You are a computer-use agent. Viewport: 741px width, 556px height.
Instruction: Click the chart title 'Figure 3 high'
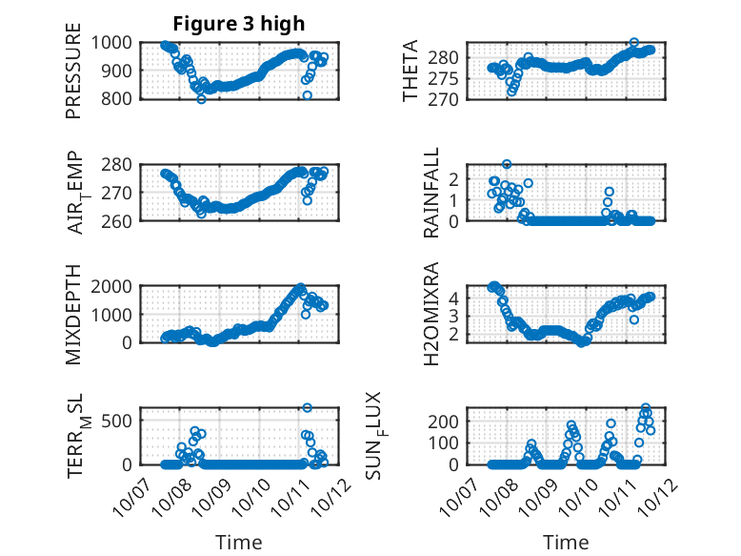point(239,24)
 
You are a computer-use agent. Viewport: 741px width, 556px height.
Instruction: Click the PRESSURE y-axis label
point(73,78)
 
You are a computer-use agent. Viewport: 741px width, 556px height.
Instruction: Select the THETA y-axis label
point(411,72)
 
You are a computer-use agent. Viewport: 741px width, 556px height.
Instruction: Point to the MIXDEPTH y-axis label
point(73,313)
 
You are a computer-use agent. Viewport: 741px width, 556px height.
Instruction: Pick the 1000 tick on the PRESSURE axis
point(116,42)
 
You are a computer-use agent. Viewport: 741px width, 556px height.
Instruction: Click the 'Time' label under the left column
point(238,542)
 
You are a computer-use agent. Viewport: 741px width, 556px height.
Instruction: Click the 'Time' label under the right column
point(566,542)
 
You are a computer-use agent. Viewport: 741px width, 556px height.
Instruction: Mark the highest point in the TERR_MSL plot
point(308,407)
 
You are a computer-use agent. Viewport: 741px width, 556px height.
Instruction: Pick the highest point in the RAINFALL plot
point(507,164)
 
